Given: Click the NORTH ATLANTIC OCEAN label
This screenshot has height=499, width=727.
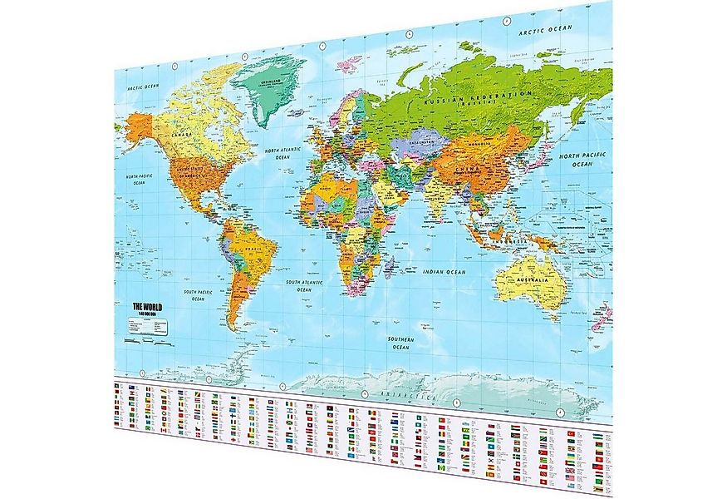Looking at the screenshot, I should pyautogui.click(x=282, y=153).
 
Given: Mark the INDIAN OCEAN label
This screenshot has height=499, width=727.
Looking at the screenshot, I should pyautogui.click(x=445, y=273).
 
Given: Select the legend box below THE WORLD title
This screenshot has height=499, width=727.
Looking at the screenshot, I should pyautogui.click(x=148, y=327).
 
